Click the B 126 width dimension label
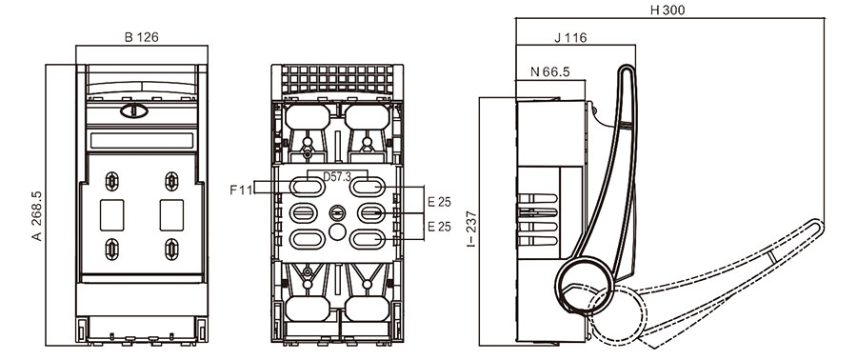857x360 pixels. click(x=142, y=37)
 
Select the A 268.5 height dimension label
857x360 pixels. click(x=37, y=216)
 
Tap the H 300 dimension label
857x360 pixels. click(x=668, y=10)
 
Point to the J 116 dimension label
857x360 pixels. click(x=570, y=38)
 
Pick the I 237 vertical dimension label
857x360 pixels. click(x=471, y=229)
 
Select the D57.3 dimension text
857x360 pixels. click(x=337, y=176)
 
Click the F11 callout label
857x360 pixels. click(x=241, y=190)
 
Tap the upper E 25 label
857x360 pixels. click(x=439, y=202)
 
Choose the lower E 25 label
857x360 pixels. click(x=439, y=226)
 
